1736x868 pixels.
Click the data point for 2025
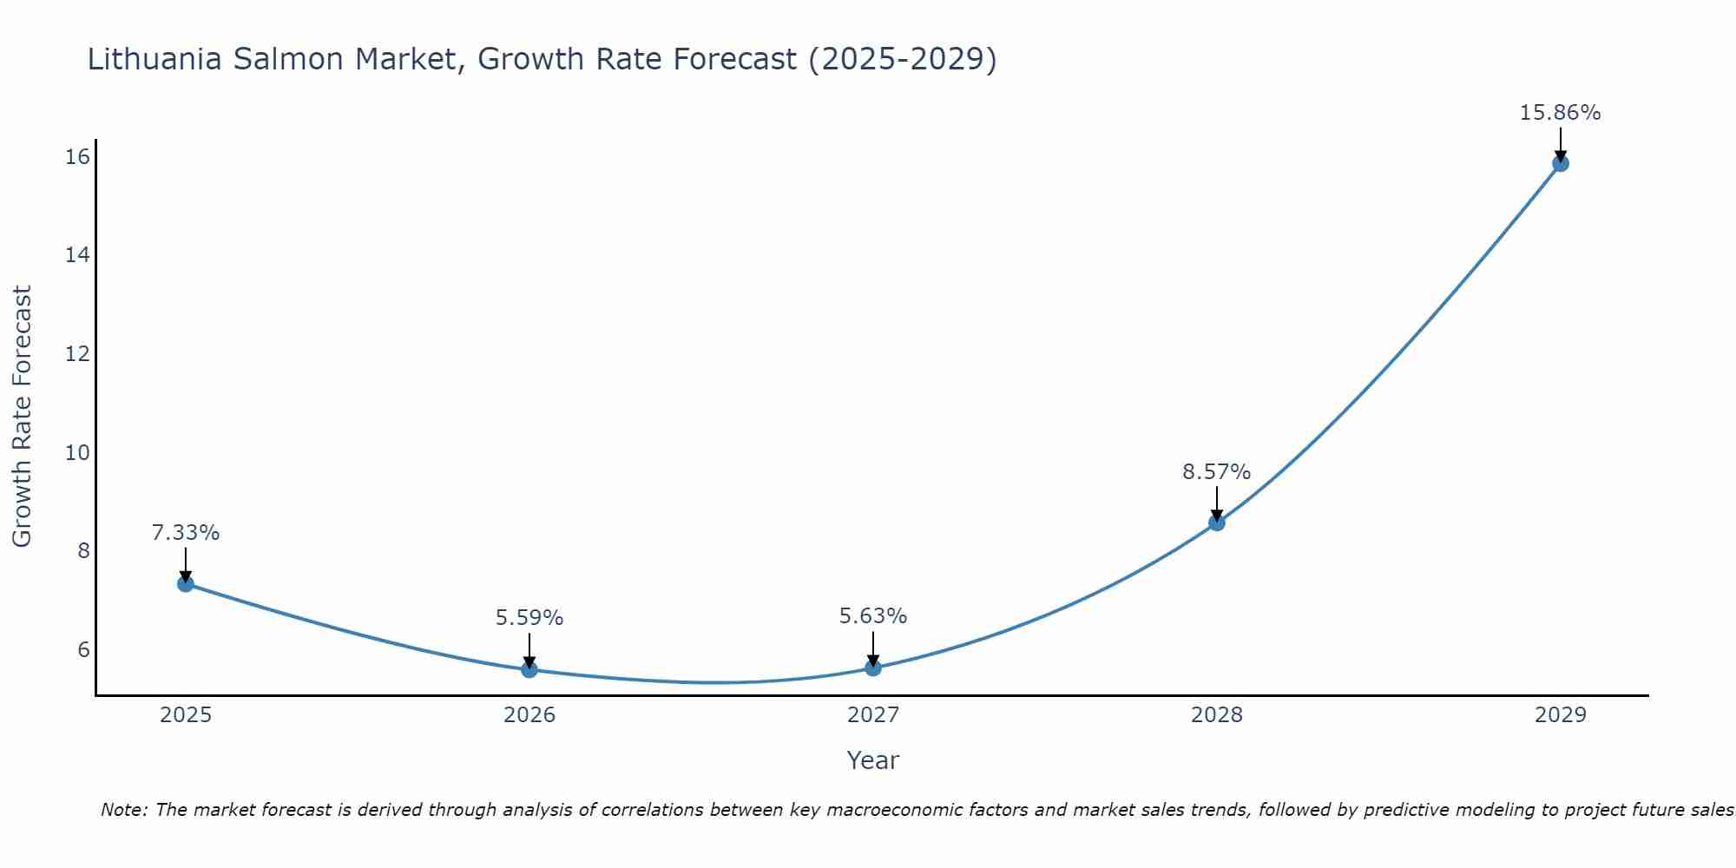185,583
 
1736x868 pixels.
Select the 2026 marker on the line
529,669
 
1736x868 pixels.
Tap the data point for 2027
873,667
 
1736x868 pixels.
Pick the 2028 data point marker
1217,523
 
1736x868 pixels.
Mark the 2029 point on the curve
1560,163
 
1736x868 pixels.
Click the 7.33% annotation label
186,533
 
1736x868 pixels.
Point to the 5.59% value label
529,618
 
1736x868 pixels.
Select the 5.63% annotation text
873,616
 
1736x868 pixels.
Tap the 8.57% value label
1217,472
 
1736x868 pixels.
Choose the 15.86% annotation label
1560,113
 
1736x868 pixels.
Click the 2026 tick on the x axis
529,715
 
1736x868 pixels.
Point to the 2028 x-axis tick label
1217,715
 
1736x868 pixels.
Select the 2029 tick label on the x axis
1560,715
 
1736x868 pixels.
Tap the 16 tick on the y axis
78,157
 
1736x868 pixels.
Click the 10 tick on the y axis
78,452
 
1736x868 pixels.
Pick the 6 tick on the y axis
83,649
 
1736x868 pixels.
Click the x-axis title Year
872,760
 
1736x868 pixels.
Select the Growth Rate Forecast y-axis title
23,417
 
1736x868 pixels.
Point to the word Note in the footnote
123,810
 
